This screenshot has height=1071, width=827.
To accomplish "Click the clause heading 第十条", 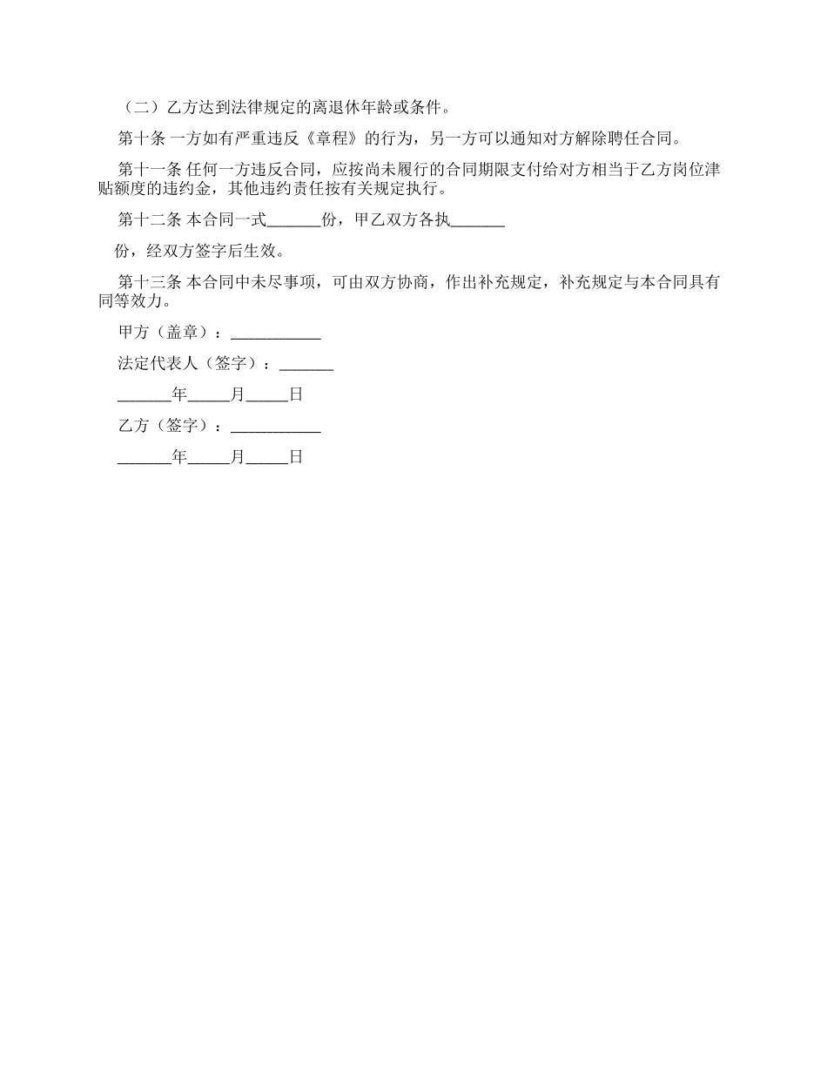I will (x=138, y=139).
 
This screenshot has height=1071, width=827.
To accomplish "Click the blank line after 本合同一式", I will (x=293, y=223).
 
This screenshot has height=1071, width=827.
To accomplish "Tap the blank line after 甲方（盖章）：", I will (x=275, y=334).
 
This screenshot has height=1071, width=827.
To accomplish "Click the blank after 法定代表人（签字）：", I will (x=306, y=366).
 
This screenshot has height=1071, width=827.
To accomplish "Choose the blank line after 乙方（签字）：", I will (x=275, y=428).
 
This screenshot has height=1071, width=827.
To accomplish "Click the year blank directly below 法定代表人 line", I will (x=145, y=397).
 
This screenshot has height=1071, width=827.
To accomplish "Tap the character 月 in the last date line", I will (x=238, y=457).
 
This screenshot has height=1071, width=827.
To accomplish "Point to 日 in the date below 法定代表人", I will (x=296, y=395).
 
